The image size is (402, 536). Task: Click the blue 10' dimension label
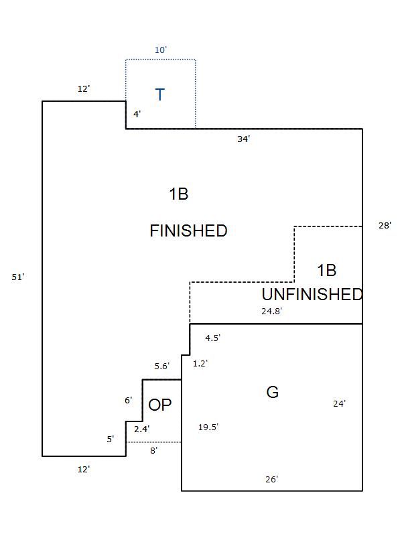(x=160, y=50)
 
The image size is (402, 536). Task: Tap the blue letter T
(x=160, y=95)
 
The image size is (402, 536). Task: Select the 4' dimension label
(x=137, y=114)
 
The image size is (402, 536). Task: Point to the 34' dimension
(x=244, y=139)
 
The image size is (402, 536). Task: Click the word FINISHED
(x=188, y=231)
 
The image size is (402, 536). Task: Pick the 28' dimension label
(x=385, y=226)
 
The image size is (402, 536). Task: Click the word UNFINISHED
(x=312, y=294)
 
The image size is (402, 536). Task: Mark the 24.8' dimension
(x=271, y=311)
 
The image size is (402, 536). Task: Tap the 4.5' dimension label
(x=212, y=338)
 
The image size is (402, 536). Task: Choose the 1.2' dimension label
(x=200, y=363)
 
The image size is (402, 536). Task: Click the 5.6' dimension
(x=162, y=366)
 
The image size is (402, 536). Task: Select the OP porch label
(x=160, y=405)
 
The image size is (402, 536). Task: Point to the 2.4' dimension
(x=141, y=429)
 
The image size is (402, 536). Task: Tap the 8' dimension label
(x=153, y=451)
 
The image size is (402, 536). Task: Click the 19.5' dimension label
(x=208, y=427)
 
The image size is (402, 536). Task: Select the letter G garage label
(x=272, y=393)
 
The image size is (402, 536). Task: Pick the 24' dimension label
(x=339, y=403)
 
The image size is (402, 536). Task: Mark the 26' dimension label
(x=271, y=479)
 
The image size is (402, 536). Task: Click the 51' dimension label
(x=18, y=277)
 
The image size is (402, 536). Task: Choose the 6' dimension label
(x=128, y=400)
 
